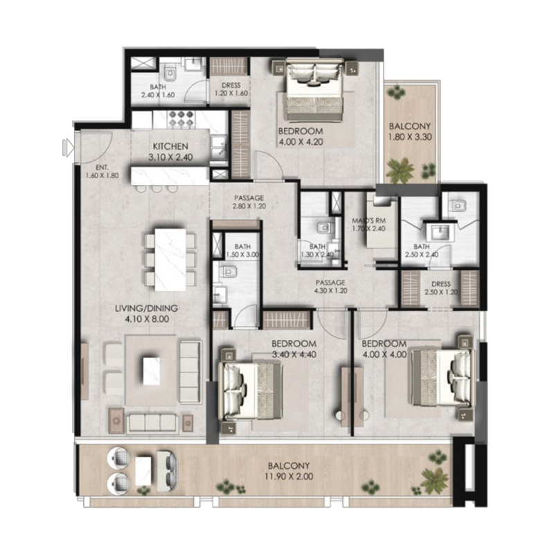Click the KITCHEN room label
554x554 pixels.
click(x=170, y=146)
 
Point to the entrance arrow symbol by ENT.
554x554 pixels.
click(x=67, y=146)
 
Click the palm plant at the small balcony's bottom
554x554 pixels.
click(x=401, y=168)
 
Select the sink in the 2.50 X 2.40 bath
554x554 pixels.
click(x=438, y=231)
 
